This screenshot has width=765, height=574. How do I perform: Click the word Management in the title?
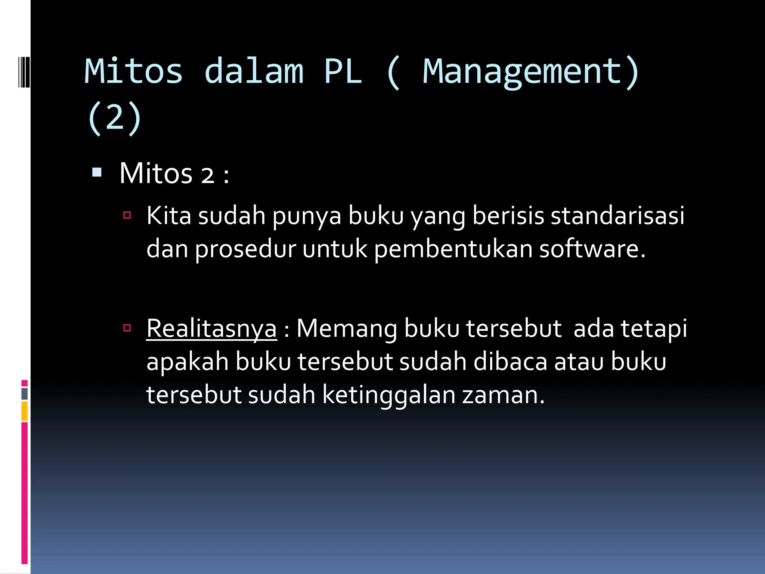click(522, 72)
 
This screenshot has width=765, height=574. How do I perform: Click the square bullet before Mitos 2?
click(97, 172)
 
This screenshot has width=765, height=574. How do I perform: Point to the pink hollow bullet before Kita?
click(127, 215)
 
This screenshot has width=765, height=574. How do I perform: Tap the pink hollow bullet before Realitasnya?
click(127, 328)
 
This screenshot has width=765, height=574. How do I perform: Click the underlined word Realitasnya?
click(211, 328)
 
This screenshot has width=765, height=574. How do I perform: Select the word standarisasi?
click(617, 216)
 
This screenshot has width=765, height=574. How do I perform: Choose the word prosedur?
click(245, 249)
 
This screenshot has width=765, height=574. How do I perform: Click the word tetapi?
click(654, 328)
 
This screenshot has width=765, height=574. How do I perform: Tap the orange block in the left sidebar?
click(25, 411)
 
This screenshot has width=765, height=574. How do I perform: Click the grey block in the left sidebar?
click(25, 394)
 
